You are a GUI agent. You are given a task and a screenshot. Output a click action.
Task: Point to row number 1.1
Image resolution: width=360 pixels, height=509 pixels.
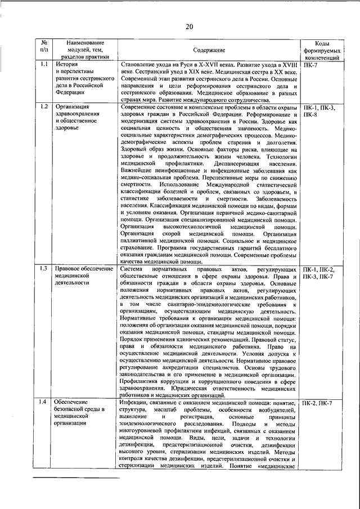coord(44,65)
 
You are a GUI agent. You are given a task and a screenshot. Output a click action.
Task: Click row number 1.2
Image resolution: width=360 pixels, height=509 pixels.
coord(44,107)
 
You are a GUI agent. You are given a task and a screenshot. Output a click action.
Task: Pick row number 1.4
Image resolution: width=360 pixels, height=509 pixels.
coord(44,403)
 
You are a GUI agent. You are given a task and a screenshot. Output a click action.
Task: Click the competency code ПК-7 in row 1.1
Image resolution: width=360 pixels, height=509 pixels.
coord(310,65)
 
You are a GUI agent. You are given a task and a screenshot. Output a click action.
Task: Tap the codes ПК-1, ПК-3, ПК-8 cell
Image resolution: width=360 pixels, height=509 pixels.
coord(318,110)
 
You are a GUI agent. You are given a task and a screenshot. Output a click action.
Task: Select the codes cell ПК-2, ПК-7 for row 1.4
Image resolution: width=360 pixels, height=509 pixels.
coord(317,403)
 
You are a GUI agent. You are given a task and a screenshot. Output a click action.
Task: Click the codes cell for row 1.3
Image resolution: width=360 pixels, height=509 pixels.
coord(318,273)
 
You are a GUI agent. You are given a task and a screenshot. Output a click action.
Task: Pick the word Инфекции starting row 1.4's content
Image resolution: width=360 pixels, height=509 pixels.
coord(137,403)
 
